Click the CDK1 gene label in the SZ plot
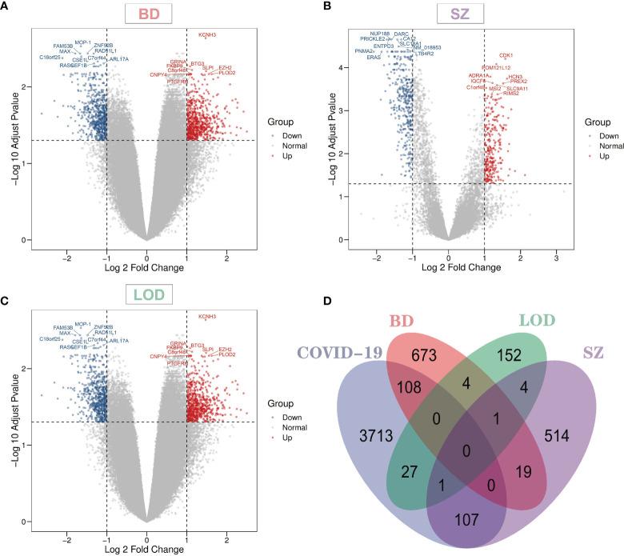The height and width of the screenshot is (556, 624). point(506,55)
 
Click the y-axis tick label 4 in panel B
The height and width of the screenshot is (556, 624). point(341,68)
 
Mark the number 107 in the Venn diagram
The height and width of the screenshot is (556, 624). point(467,518)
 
